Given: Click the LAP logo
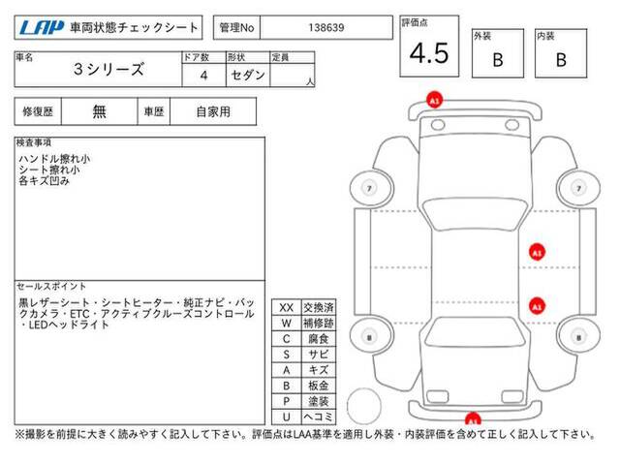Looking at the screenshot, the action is (x=42, y=28).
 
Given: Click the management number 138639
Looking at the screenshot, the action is (x=326, y=28).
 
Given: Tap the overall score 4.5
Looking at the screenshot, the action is (x=429, y=53).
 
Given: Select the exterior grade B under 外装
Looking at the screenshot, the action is (x=498, y=60).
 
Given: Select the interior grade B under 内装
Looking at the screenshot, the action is (x=561, y=60).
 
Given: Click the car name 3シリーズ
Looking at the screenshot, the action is (x=108, y=70).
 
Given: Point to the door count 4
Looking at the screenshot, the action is (x=203, y=76).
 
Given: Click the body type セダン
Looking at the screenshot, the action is (x=248, y=76).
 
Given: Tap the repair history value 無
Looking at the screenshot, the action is (x=99, y=112).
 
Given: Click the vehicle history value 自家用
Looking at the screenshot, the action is (x=213, y=112).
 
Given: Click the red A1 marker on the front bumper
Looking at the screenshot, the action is (x=434, y=101).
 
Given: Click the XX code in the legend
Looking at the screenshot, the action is (x=287, y=308).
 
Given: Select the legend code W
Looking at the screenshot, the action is (x=287, y=324).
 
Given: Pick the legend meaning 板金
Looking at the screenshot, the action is (x=319, y=386).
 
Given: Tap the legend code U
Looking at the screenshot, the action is (x=287, y=417).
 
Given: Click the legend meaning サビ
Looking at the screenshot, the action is (x=319, y=355).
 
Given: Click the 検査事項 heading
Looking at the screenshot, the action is (x=34, y=142).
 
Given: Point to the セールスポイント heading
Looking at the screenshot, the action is (x=51, y=287).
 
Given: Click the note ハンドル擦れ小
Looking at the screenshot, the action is (x=54, y=159).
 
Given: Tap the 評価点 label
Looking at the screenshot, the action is (x=415, y=23).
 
